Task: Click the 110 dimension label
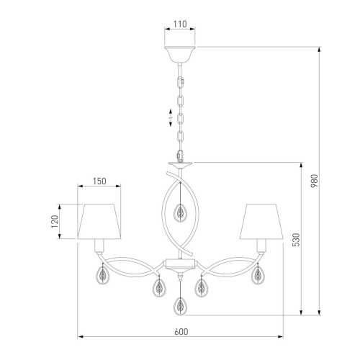coord(180,24)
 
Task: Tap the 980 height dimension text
coord(314,181)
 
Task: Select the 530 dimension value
coord(296,240)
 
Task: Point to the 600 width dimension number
coord(181,332)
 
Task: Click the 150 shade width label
coord(99,181)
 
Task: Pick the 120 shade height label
coord(55,221)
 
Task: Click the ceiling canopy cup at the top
coord(180,54)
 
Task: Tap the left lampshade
coord(99,221)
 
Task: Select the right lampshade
coord(261,221)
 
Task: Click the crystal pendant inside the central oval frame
coord(180,212)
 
